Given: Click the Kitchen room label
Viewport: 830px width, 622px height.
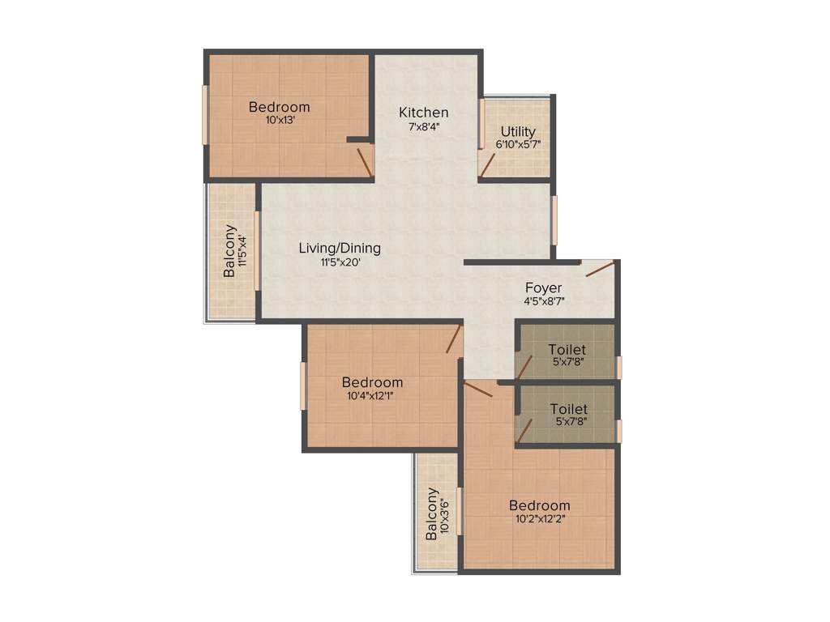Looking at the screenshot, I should (x=423, y=113).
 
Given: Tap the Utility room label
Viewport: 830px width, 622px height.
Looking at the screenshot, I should (x=517, y=131).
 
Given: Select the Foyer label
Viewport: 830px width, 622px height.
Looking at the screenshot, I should (x=543, y=288).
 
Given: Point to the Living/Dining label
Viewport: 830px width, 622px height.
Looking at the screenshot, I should (x=339, y=248).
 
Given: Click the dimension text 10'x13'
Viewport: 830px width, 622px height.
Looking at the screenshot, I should (x=279, y=121).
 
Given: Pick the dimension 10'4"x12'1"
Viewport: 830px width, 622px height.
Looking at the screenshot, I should (x=371, y=396).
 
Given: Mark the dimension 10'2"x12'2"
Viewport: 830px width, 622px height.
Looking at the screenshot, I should (x=539, y=519).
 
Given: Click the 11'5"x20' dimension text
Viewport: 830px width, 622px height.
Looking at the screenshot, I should (x=339, y=262).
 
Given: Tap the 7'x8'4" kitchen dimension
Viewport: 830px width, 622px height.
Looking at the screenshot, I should (x=423, y=126).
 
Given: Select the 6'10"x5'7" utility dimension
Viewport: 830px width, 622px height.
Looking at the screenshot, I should (x=517, y=144).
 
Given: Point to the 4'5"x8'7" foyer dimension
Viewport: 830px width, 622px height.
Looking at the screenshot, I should (x=543, y=301).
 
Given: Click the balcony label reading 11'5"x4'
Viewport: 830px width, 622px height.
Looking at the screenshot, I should (x=242, y=251).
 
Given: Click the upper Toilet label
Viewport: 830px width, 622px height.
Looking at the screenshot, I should (x=567, y=349).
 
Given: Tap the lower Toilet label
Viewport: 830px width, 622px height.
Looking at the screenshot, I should (x=569, y=410).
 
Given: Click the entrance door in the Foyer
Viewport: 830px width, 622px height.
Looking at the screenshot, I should (x=600, y=268).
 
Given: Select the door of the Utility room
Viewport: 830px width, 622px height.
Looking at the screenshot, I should (x=487, y=166).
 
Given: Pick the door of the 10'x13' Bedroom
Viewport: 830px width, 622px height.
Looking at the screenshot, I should (x=365, y=162).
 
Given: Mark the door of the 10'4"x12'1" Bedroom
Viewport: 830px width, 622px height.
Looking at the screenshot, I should (x=454, y=339).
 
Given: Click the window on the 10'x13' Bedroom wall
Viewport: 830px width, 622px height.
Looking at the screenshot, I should (x=205, y=114).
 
